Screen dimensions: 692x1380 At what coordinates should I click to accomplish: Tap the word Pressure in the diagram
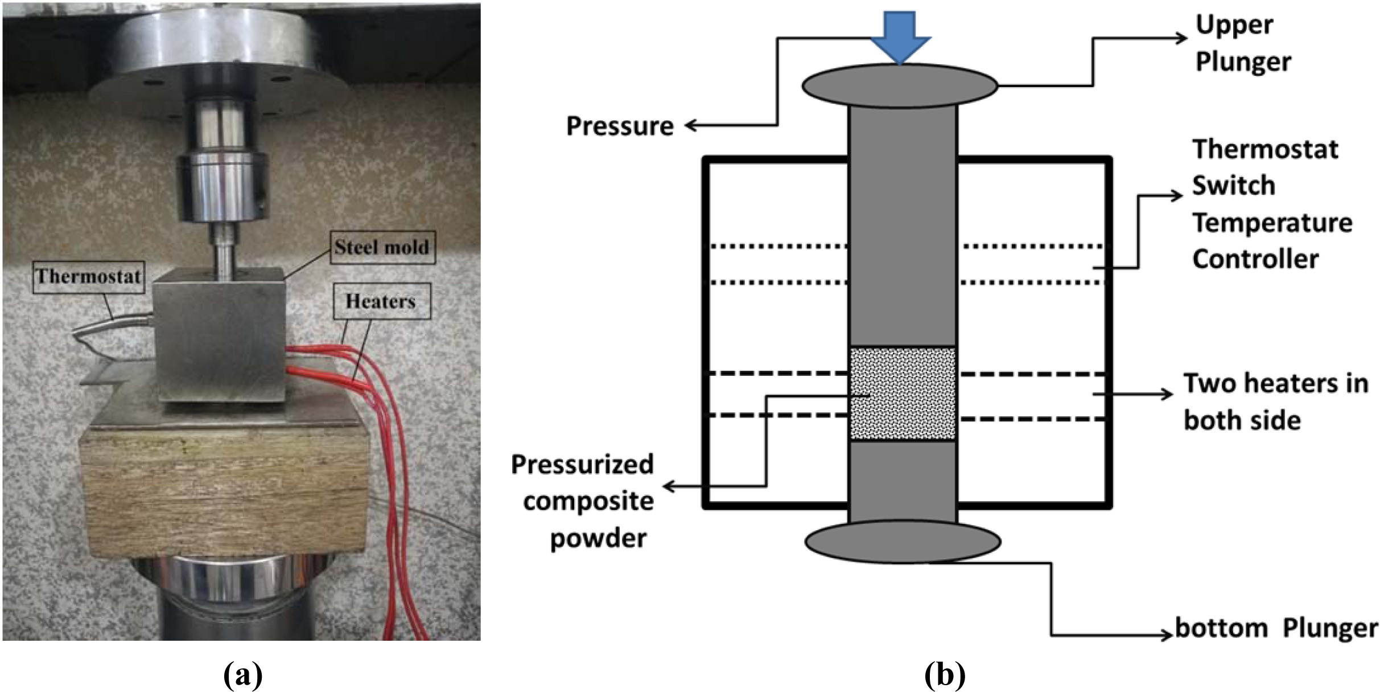tap(620, 126)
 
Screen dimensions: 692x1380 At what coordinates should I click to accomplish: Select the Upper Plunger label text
tap(1243, 43)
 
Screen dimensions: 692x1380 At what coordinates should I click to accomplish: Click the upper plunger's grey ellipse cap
tap(900, 85)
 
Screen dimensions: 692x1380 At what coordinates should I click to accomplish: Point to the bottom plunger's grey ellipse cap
tap(903, 542)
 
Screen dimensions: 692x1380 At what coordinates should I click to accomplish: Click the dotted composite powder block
tap(902, 394)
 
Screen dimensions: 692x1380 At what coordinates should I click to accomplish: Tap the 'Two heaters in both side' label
tap(1275, 402)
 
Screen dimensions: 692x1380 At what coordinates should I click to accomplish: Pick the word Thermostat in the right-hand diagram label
tap(1265, 149)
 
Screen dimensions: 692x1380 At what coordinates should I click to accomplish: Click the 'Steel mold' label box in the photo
tap(382, 247)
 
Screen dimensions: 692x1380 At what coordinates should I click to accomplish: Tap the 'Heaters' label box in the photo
tap(380, 301)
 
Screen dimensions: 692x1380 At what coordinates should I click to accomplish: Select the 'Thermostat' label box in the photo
tap(88, 277)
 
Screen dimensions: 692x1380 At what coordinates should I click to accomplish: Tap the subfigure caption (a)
tap(243, 675)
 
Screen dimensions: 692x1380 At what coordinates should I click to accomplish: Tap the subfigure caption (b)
tap(944, 675)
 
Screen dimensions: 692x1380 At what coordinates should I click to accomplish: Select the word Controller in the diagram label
tap(1255, 260)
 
